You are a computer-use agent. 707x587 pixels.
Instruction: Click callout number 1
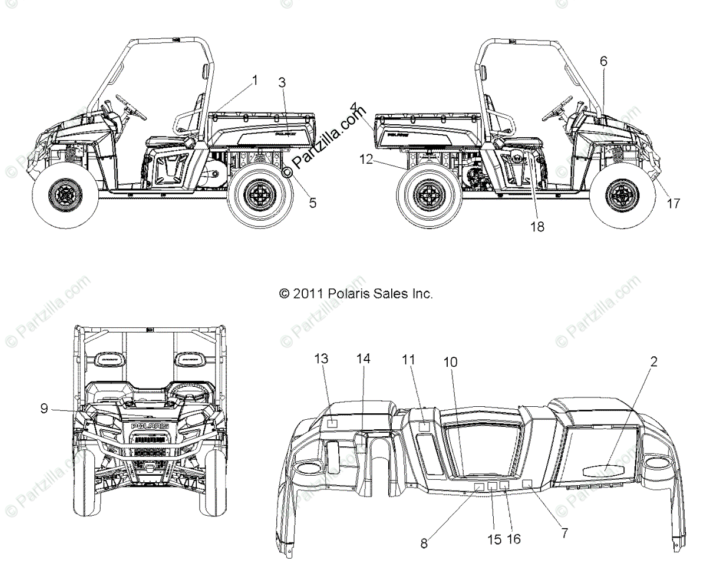click(x=255, y=81)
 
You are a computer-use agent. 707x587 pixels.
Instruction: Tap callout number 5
click(x=312, y=203)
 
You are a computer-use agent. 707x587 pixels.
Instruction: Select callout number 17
click(x=673, y=203)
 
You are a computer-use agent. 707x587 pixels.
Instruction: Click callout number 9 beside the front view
click(x=44, y=407)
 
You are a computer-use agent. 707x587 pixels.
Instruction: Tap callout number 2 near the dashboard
click(x=653, y=361)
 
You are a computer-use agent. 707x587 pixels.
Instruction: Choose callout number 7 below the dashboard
click(x=564, y=533)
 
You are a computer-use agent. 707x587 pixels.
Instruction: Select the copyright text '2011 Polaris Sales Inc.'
click(x=356, y=293)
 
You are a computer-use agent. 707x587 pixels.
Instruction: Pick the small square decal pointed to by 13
click(x=332, y=422)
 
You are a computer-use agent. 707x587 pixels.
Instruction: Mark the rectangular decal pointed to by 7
click(x=527, y=483)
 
